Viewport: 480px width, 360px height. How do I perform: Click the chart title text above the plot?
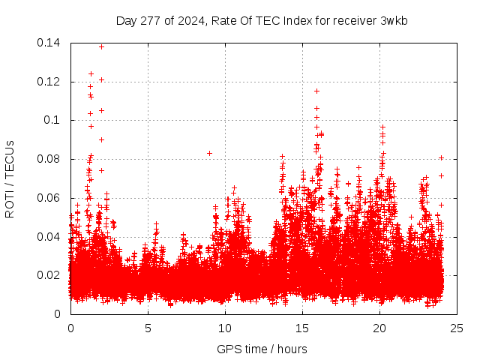pyautogui.click(x=262, y=20)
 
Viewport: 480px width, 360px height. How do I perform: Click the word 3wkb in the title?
pyautogui.click(x=393, y=20)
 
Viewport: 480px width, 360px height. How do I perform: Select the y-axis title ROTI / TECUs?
pyautogui.click(x=10, y=178)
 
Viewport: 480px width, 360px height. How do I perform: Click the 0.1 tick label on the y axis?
pyautogui.click(x=54, y=120)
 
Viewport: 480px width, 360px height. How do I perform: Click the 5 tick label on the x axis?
pyautogui.click(x=148, y=328)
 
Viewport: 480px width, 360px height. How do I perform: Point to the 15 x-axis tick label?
pyautogui.click(x=302, y=328)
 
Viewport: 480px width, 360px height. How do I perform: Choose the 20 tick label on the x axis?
pyautogui.click(x=379, y=328)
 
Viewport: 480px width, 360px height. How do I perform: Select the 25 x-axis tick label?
pyautogui.click(x=457, y=328)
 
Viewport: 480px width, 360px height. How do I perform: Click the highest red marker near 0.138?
pyautogui.click(x=102, y=46)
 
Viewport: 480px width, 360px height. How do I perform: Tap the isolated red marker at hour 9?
pyautogui.click(x=210, y=153)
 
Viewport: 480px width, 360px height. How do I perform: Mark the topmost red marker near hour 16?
pyautogui.click(x=316, y=91)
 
